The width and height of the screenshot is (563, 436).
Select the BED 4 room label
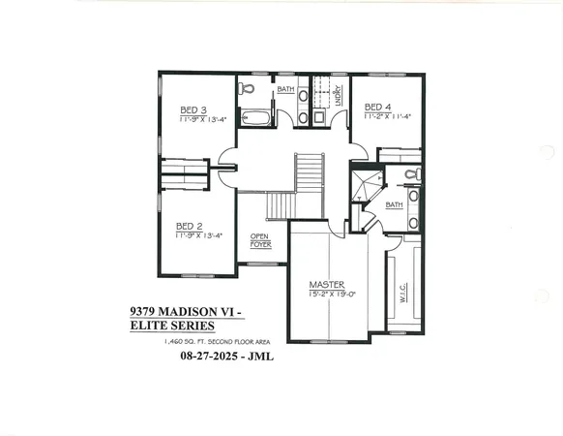tap(377, 106)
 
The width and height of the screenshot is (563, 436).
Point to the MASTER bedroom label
tap(327, 284)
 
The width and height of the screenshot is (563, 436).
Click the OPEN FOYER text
tap(260, 241)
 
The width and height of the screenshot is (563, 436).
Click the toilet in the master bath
tap(412, 175)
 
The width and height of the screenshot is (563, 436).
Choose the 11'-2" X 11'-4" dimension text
tap(388, 115)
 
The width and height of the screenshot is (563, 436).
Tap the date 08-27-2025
tap(211, 357)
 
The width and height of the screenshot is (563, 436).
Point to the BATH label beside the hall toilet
tap(285, 90)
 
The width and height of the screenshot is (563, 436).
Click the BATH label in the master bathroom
tap(394, 205)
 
